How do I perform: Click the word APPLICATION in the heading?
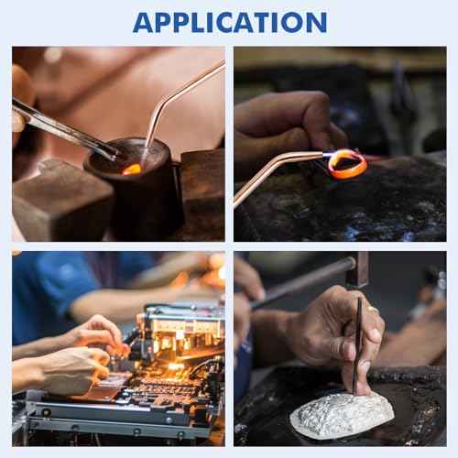(x=230, y=22)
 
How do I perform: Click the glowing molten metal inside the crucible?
(x=132, y=169)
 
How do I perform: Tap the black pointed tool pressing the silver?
(x=357, y=345)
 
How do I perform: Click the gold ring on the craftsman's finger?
(x=373, y=309)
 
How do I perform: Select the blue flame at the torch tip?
(x=327, y=155)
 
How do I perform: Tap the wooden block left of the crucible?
(x=61, y=202)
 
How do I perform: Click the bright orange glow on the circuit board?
(x=176, y=366)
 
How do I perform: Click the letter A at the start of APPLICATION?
(x=144, y=23)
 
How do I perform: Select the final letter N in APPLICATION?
(x=317, y=23)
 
